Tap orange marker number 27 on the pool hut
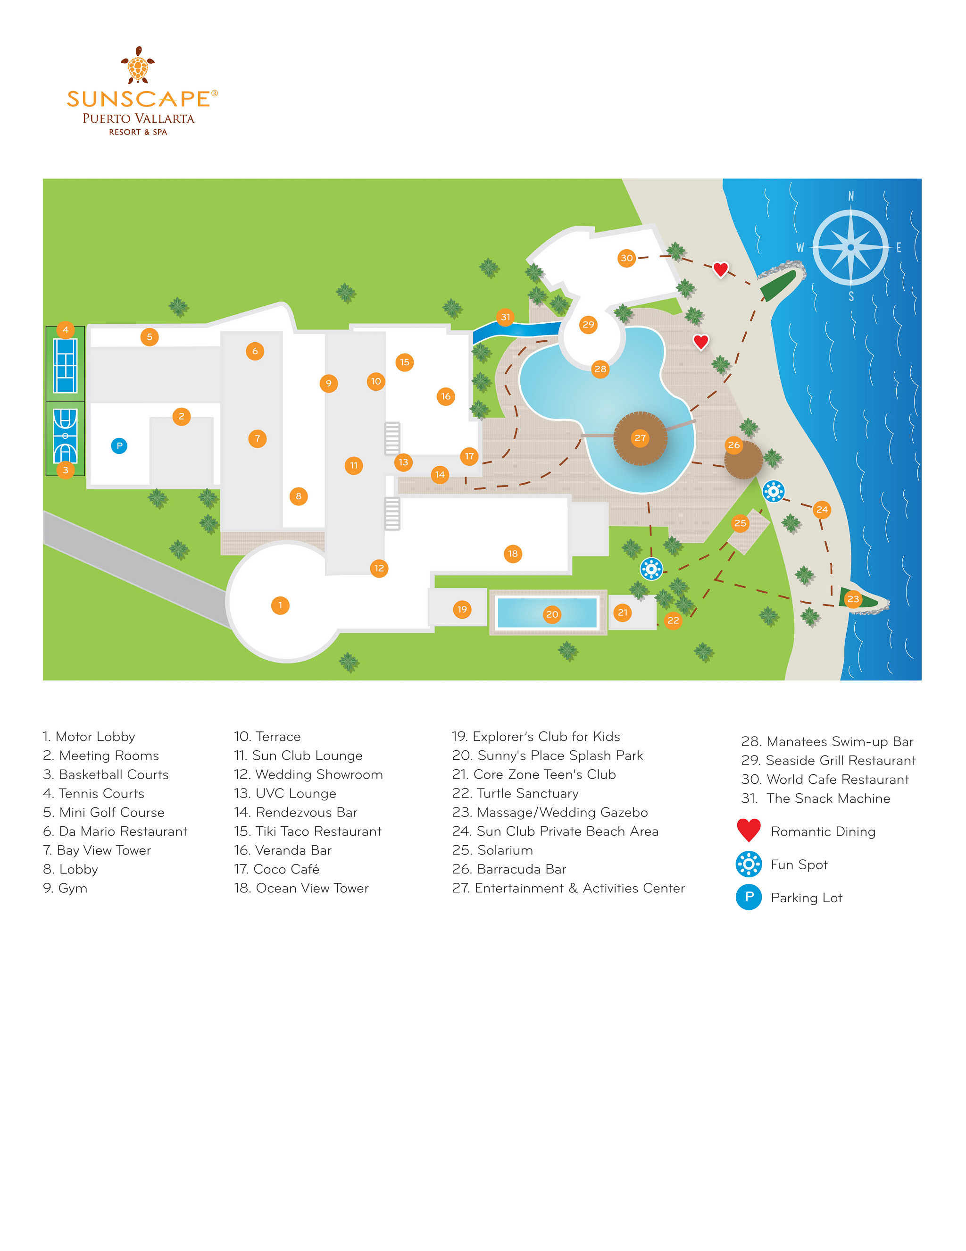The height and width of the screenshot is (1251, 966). [x=640, y=438]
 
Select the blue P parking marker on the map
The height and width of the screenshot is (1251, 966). [x=119, y=445]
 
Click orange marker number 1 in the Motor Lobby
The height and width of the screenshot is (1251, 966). [x=280, y=605]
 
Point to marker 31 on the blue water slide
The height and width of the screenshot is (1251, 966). [x=505, y=317]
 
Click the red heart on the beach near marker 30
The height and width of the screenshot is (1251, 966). [x=720, y=269]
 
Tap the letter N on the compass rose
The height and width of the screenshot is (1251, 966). [x=850, y=196]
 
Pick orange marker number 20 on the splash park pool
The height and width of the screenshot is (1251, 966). [x=552, y=614]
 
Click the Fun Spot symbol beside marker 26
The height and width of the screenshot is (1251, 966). [x=773, y=491]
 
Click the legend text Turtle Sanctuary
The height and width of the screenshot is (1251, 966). [x=516, y=793]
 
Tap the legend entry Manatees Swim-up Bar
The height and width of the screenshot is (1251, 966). [x=827, y=741]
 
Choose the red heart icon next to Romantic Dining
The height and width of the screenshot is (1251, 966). [x=749, y=830]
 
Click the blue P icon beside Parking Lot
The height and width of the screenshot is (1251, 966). [x=749, y=897]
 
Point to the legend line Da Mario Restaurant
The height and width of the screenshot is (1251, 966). [x=115, y=831]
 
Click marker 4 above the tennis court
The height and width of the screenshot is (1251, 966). [x=65, y=329]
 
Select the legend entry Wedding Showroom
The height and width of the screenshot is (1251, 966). [x=308, y=774]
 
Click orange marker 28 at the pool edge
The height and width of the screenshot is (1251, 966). [x=600, y=369]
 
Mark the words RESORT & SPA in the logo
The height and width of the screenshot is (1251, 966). [x=138, y=132]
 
